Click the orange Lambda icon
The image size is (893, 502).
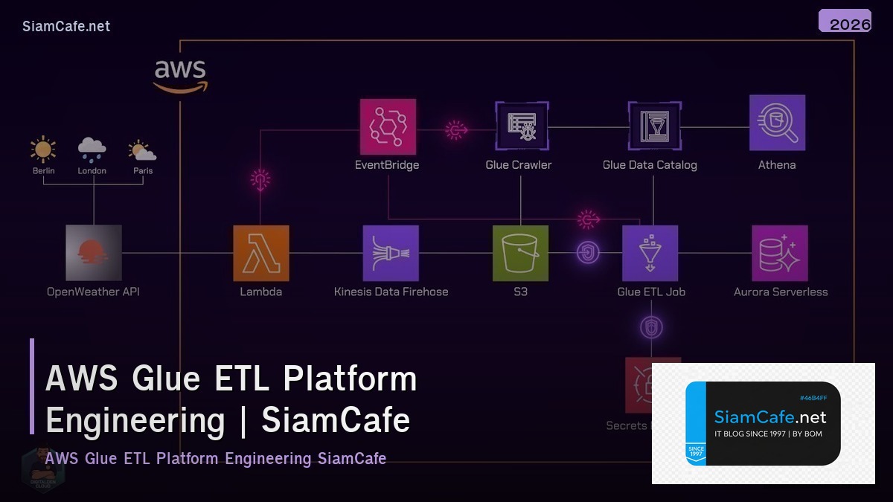pos(260,253)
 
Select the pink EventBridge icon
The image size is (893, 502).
pos(387,126)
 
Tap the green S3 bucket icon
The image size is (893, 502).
pos(520,253)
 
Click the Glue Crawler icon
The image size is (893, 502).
pos(522,126)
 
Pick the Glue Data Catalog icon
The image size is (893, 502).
pos(653,126)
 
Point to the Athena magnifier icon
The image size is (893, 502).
pos(777,123)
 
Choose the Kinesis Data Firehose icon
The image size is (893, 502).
pos(391,253)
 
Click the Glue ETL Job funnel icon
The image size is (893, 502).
pos(650,253)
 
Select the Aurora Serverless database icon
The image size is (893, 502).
pos(779,253)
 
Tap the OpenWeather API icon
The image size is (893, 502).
pos(93,253)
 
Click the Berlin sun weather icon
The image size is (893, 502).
pos(43,149)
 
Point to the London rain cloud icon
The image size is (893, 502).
pos(92,149)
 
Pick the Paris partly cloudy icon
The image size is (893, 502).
pos(141,150)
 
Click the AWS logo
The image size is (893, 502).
pos(180,77)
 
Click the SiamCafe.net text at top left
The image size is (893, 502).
pos(66,26)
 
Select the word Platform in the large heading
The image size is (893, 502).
pos(350,379)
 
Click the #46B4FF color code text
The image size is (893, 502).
pos(813,398)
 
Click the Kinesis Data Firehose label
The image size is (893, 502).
pos(391,292)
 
